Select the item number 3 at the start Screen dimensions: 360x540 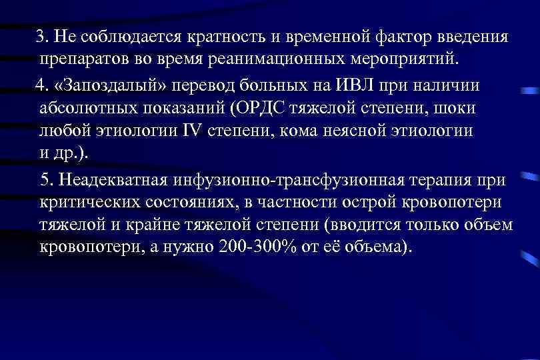[x=41, y=36]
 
